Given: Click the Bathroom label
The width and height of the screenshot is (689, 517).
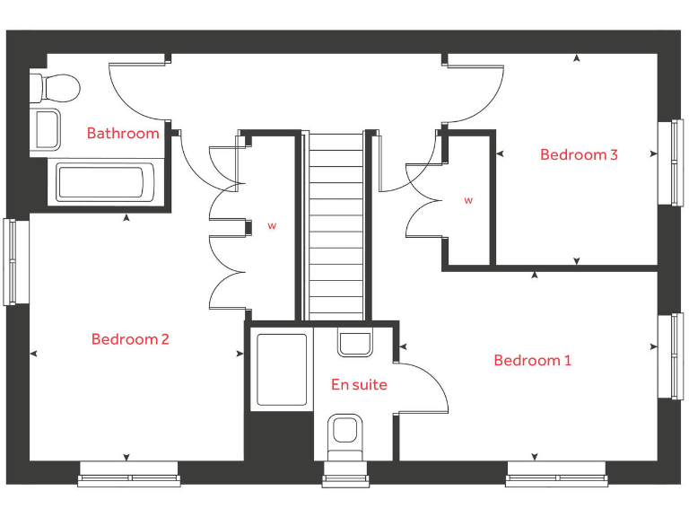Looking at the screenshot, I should (123, 134).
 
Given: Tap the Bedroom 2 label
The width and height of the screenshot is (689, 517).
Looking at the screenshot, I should (130, 339).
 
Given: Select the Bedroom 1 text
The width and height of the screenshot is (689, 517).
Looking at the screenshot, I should (532, 361).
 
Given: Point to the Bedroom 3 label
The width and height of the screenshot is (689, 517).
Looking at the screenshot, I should (579, 154).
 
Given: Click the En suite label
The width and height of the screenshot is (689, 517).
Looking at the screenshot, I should (359, 385).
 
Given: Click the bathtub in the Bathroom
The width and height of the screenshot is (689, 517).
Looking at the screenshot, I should (100, 182).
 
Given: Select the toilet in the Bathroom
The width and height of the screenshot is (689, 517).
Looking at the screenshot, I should (56, 87).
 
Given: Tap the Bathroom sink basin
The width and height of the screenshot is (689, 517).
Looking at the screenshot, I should (47, 128).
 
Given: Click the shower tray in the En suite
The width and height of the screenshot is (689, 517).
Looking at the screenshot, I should (283, 369).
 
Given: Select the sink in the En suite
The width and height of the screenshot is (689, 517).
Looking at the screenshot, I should (355, 342).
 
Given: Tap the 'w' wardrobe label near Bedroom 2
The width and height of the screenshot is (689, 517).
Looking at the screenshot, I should (272, 226).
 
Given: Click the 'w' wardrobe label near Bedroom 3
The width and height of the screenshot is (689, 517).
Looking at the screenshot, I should (468, 201).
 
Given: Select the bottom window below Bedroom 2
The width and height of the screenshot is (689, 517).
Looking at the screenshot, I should (130, 476).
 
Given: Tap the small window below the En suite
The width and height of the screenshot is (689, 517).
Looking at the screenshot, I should (346, 477).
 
